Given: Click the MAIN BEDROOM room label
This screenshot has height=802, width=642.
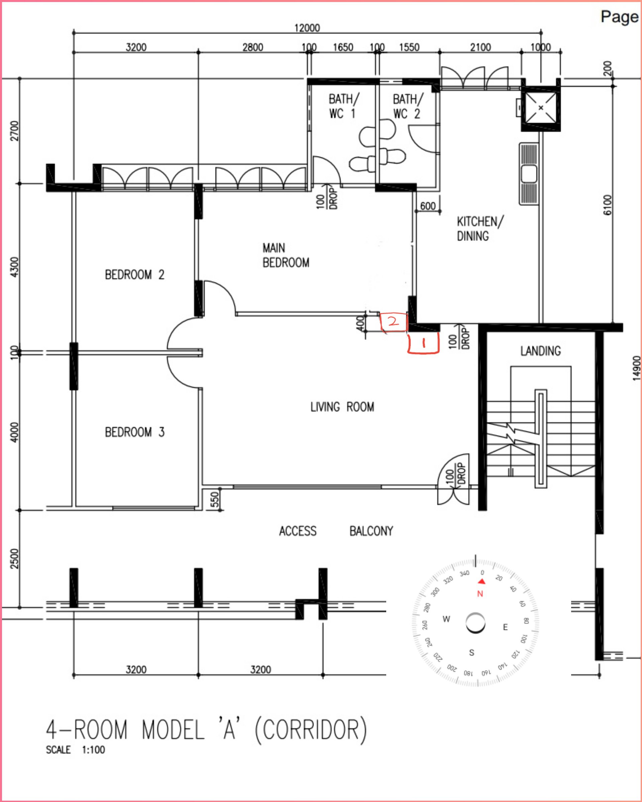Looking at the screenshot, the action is (x=286, y=255).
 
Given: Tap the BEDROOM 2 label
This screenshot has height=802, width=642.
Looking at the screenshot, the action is (x=135, y=275).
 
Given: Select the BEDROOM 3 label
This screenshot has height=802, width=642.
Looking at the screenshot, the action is (x=135, y=432).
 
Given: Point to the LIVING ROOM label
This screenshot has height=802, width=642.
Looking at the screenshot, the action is (x=342, y=407).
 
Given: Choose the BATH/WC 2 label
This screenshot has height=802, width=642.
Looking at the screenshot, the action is (x=408, y=106).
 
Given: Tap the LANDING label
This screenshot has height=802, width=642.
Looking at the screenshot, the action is (x=540, y=351).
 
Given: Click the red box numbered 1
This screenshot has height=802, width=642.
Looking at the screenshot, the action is (x=423, y=343).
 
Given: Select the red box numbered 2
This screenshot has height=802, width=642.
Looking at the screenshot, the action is (x=393, y=322).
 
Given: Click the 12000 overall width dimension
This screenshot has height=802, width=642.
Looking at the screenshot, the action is (x=307, y=28).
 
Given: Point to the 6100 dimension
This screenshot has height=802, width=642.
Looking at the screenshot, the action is (x=607, y=205).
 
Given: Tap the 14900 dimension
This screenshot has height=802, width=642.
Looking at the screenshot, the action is (x=637, y=368).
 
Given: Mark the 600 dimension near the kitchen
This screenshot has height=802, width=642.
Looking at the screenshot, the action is (x=428, y=206).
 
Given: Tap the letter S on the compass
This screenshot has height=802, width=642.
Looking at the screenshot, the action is (x=471, y=653).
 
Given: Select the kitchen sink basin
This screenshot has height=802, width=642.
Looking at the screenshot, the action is (x=529, y=174).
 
